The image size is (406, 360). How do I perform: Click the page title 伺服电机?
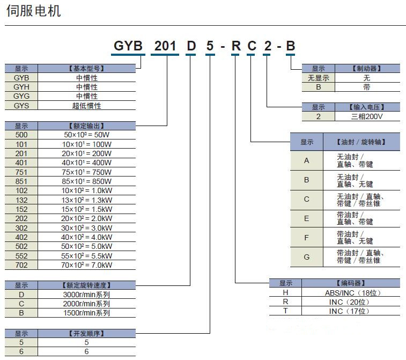click(33, 11)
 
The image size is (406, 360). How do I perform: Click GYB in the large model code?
click(128, 46)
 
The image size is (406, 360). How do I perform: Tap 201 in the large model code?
click(165, 46)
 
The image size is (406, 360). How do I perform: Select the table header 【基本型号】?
click(87, 69)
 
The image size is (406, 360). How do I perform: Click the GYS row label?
click(21, 106)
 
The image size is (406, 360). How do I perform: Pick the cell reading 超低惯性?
click(87, 106)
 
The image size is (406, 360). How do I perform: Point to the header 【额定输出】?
click(87, 126)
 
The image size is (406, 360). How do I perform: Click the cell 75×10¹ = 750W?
click(87, 172)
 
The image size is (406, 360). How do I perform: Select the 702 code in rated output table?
click(21, 265)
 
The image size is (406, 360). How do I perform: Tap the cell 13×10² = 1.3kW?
click(87, 200)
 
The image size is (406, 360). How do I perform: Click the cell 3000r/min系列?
click(87, 295)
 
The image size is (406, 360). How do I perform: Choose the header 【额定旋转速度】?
click(87, 285)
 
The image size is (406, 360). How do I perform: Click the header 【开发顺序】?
click(87, 333)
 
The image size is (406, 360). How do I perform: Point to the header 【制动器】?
click(367, 69)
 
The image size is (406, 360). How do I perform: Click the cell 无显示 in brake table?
click(318, 78)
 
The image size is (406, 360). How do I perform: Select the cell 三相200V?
click(367, 116)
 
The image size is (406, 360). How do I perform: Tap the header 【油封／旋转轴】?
click(361, 142)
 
